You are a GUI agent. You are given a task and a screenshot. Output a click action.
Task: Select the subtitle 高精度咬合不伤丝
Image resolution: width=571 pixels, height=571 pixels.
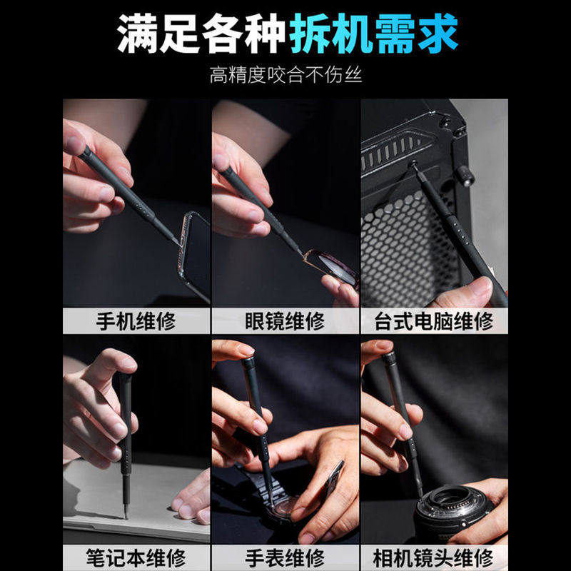(x=285, y=74)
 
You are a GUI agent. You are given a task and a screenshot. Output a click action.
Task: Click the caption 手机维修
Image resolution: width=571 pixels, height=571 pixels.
(x=136, y=320)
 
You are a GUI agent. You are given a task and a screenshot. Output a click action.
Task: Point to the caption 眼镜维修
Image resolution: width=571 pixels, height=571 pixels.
(x=285, y=320)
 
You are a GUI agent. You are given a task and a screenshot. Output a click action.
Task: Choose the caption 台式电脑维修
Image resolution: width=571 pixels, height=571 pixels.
(x=434, y=320)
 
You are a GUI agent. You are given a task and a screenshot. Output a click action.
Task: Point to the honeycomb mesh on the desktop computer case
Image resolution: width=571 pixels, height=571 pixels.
(x=400, y=250)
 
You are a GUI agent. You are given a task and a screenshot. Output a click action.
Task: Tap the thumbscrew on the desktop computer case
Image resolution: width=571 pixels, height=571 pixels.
(x=465, y=172)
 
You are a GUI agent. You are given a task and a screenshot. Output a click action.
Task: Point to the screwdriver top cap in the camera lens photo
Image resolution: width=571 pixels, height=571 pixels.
(x=388, y=357)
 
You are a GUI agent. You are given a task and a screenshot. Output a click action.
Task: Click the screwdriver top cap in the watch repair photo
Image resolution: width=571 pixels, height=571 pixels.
(x=249, y=363)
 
